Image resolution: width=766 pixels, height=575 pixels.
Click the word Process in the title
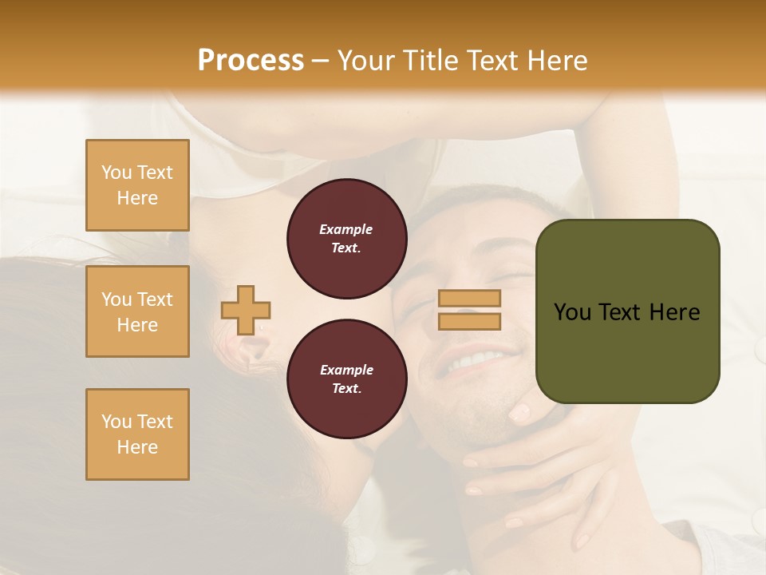[x=251, y=60]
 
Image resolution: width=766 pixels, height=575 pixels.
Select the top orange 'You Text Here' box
[x=137, y=185]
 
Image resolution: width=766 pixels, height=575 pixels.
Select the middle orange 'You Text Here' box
[x=137, y=311]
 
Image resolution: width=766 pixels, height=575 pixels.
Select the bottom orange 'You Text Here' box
[x=137, y=434]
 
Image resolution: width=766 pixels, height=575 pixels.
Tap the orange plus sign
[x=246, y=310]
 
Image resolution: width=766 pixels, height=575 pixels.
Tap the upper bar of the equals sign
[x=469, y=298]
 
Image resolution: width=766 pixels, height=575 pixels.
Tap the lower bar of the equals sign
[x=469, y=322]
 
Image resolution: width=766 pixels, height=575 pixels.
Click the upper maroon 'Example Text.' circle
[x=347, y=239]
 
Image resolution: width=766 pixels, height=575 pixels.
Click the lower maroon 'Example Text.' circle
[x=347, y=379]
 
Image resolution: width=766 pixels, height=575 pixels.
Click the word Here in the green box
[x=674, y=312]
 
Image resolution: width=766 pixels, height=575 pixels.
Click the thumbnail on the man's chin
[x=519, y=413]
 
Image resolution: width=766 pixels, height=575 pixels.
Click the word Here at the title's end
[x=558, y=61]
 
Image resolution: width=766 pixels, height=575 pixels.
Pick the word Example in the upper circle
[x=346, y=229]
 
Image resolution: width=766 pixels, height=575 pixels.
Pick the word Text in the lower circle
[x=345, y=389]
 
